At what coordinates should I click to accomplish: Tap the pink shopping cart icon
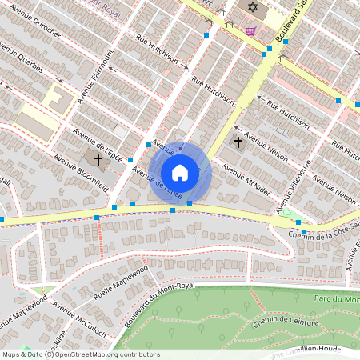pos(251,31)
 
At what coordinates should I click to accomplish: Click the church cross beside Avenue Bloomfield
pos(98,159)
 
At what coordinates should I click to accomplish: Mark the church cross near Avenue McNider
pos(238,142)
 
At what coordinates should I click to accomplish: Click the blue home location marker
pos(180,172)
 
